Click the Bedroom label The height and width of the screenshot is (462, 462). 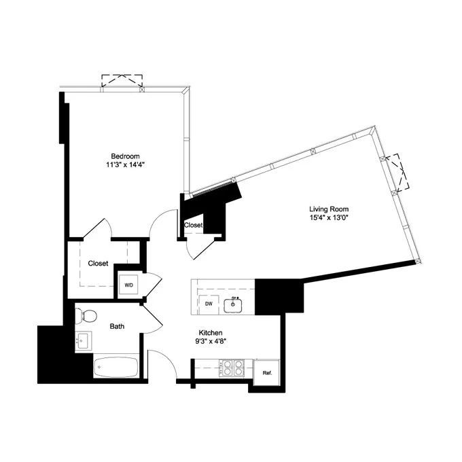tap(125, 156)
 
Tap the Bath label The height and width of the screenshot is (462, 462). tap(118, 326)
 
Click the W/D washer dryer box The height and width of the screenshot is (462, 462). tap(128, 285)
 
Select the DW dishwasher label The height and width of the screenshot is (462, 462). tap(209, 304)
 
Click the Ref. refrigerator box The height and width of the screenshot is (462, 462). tap(267, 373)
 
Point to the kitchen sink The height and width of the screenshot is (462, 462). tap(234, 304)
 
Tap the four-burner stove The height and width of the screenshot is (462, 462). tap(234, 368)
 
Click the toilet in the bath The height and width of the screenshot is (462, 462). tap(86, 315)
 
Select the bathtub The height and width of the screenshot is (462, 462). tap(116, 368)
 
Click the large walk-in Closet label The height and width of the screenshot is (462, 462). tap(98, 263)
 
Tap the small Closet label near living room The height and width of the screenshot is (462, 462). tap(193, 225)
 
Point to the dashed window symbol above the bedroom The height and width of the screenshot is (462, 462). tap(122, 81)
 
